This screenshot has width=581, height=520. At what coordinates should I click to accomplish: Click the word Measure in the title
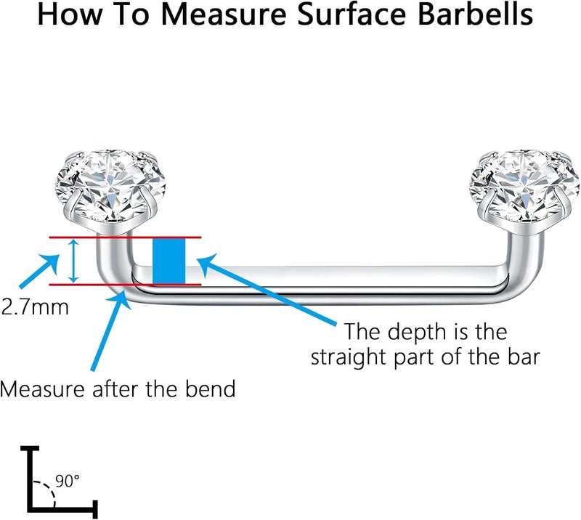point(224,15)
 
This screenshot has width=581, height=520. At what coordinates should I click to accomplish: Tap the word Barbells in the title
point(475,15)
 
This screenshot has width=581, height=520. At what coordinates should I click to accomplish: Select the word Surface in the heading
point(352,15)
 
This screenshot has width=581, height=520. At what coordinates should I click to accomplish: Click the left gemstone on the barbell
point(110,185)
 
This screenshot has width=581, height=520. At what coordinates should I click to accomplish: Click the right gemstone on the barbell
point(524,185)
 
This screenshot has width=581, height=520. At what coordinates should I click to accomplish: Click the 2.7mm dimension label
point(35,307)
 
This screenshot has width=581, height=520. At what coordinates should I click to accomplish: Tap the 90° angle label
point(68,481)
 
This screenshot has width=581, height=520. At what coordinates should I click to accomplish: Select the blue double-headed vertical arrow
point(74,261)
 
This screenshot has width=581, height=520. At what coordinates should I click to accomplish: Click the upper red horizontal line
point(125,237)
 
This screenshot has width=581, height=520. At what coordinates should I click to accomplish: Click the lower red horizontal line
point(125,285)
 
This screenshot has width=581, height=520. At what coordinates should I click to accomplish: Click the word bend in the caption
point(210,389)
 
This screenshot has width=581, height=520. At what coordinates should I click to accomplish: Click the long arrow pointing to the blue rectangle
point(267,289)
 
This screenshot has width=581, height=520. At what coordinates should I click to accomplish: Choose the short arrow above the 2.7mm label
point(39,271)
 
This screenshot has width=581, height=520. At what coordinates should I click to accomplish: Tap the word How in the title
point(68,15)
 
